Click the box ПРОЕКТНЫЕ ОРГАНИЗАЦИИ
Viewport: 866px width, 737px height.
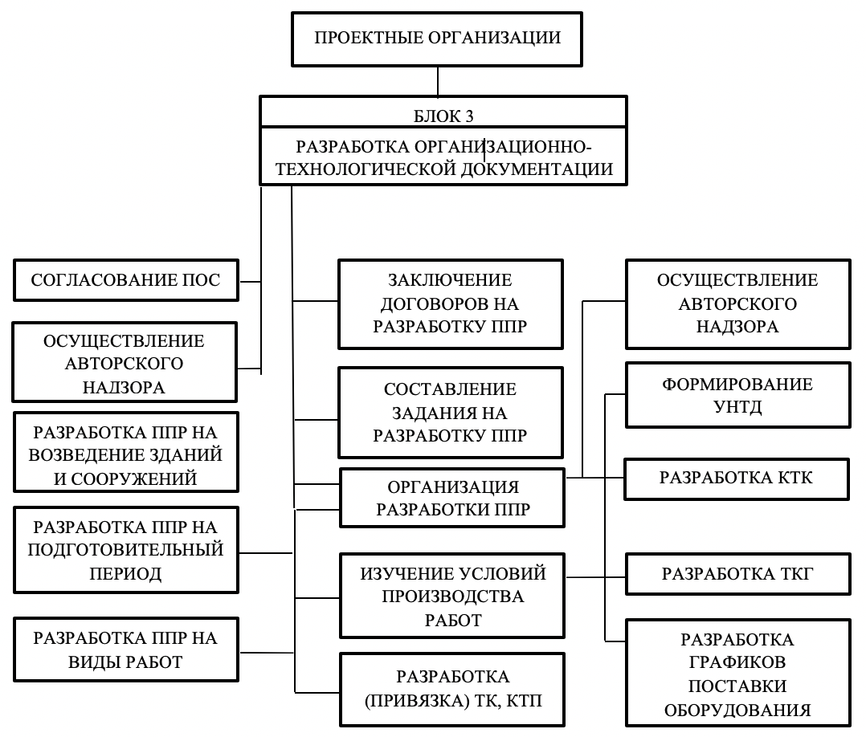coord(437,39)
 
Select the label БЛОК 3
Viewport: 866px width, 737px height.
coord(443,116)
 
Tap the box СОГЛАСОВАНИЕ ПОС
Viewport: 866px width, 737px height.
coord(126,280)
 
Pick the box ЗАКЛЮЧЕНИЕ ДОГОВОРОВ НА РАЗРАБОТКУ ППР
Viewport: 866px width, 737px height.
coord(451,304)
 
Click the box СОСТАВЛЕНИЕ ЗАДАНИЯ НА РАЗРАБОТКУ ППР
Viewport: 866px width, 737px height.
coord(451,413)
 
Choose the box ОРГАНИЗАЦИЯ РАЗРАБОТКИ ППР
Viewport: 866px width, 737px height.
coord(452,498)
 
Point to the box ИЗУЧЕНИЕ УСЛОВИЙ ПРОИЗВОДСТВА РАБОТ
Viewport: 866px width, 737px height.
coord(452,597)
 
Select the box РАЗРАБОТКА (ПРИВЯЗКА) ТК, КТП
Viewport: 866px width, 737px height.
coord(452,690)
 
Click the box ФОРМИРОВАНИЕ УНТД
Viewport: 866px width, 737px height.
coord(737,395)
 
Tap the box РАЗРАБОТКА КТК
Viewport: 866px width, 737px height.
coord(737,478)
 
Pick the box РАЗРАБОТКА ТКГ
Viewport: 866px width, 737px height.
coord(737,574)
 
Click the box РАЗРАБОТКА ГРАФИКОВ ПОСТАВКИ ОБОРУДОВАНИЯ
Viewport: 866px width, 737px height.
coord(737,673)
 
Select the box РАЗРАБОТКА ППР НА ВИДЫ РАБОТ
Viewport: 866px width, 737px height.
coord(126,649)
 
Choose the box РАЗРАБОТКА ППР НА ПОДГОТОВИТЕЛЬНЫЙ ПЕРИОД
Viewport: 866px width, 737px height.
coord(126,550)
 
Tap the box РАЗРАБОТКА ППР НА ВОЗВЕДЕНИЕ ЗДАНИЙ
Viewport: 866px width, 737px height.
coord(126,452)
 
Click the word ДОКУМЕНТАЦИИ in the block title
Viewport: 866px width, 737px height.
coord(537,169)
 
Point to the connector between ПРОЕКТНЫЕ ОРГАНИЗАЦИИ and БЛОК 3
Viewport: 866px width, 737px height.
coord(438,82)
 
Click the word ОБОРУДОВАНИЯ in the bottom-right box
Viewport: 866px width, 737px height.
coord(737,711)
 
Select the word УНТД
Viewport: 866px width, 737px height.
coord(737,407)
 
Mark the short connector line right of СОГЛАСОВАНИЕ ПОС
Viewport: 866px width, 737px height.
coord(250,282)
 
